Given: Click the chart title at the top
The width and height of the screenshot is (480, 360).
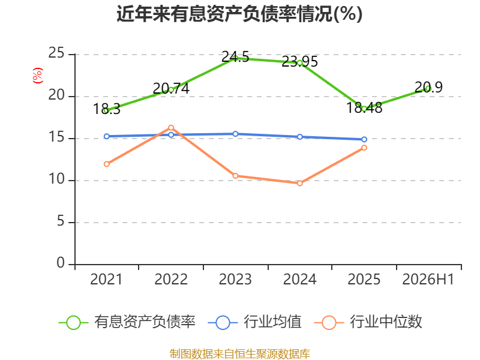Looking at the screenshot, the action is click(x=239, y=14).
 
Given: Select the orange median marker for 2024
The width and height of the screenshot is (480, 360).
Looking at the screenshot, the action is click(x=299, y=183).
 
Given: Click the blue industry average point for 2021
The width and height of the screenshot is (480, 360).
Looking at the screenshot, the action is click(x=107, y=136).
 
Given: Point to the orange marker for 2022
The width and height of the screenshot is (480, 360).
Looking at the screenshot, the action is click(x=171, y=128).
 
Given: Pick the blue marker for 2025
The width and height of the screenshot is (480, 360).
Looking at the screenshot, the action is click(x=364, y=139).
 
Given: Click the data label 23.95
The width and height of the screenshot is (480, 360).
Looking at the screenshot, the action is click(x=299, y=62).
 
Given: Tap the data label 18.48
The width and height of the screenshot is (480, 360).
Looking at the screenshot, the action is click(x=364, y=108).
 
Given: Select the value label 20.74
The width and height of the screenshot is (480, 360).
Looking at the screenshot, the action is click(x=171, y=88).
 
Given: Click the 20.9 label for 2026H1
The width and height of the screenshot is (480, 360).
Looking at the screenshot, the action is click(x=428, y=87).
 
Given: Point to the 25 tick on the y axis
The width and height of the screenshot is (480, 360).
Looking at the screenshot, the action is click(x=56, y=53).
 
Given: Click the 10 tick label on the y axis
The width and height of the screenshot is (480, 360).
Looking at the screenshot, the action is click(x=56, y=179).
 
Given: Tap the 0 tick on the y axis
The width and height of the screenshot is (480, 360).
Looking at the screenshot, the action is click(x=61, y=263).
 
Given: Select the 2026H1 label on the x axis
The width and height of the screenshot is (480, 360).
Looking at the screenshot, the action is click(x=428, y=279).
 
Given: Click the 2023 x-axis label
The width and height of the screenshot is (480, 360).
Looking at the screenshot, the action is click(x=235, y=279).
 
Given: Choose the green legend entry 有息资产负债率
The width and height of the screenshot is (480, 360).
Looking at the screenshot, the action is click(x=127, y=322).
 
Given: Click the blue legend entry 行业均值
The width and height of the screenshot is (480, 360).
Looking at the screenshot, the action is click(x=254, y=322).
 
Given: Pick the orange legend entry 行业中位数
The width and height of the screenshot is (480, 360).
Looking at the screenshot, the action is click(x=368, y=322).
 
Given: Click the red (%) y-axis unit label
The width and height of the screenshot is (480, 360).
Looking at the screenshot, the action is click(x=37, y=76).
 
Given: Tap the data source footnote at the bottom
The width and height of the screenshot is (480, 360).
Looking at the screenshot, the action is click(x=239, y=354).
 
